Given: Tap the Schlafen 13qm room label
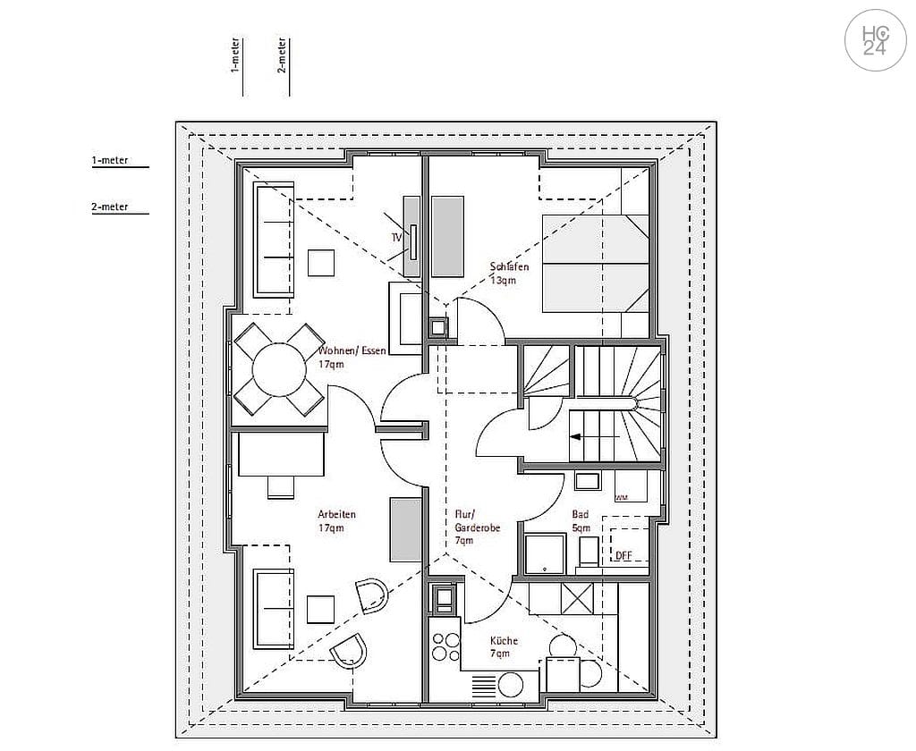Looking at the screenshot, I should click(x=508, y=274).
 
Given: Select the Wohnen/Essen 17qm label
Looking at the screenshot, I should click(x=352, y=358).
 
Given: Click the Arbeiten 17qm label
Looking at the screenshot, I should click(x=336, y=520).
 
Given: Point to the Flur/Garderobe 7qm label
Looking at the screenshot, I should click(x=477, y=527).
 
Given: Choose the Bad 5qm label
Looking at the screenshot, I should click(x=581, y=521).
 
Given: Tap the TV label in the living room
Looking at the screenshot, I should click(x=395, y=238).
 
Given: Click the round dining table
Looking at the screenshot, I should click(x=279, y=370).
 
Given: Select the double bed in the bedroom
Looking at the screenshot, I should click(x=594, y=265).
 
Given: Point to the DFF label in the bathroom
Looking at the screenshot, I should click(x=623, y=556).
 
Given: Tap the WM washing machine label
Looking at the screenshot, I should click(x=621, y=498).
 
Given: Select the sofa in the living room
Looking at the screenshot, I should click(x=273, y=239).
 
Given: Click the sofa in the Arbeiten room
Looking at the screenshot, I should click(x=273, y=609).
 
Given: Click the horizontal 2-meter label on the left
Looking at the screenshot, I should click(x=110, y=207).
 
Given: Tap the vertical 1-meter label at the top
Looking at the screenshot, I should click(x=234, y=66).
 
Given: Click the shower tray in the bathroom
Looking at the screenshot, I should click(x=545, y=553).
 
